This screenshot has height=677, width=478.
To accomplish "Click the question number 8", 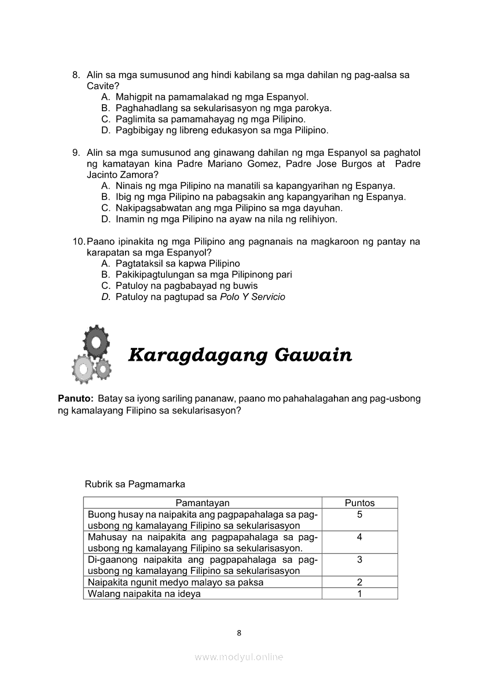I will (x=76, y=75).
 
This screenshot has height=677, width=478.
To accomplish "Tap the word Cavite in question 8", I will (x=99, y=86).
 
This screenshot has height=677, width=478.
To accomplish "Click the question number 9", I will (x=76, y=153).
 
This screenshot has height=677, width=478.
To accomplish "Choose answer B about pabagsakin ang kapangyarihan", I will (x=253, y=197).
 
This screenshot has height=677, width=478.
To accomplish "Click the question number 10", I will (x=78, y=241).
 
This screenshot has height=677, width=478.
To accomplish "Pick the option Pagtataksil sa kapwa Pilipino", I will (x=170, y=264).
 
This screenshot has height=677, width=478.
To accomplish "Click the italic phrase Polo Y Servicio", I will (x=252, y=297).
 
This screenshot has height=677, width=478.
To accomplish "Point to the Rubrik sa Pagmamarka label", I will (x=135, y=484).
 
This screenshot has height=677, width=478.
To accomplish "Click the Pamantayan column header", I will (x=203, y=503).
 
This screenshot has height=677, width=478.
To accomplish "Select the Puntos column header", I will (x=359, y=503).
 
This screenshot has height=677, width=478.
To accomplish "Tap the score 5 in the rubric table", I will (x=359, y=514).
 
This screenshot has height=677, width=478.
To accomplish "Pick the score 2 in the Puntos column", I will (x=359, y=583).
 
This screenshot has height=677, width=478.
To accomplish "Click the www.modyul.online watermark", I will (x=239, y=657).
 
